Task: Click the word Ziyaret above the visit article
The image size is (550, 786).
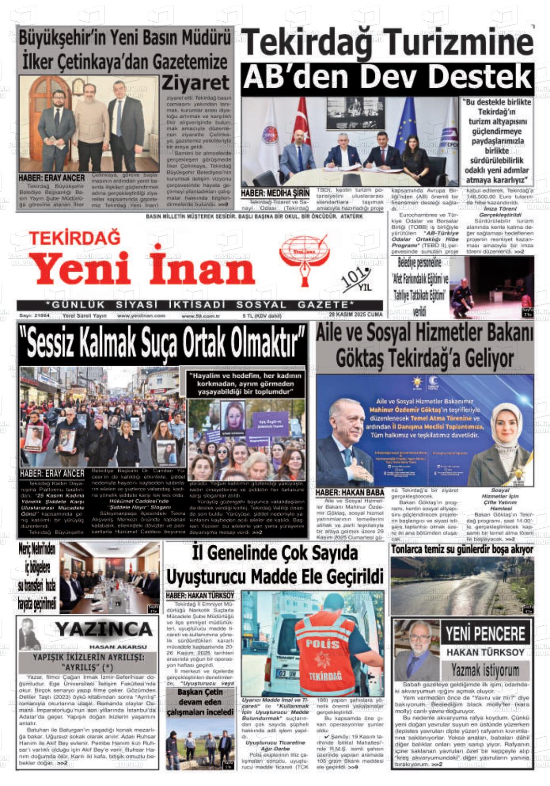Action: (x=195, y=83)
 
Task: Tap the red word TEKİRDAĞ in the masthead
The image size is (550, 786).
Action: (x=75, y=238)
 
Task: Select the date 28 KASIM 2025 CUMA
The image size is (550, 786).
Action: (x=355, y=315)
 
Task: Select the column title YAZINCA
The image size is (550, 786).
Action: (x=103, y=629)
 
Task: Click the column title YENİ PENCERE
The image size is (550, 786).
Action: (x=485, y=633)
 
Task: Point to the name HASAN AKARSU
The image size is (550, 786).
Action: (x=118, y=647)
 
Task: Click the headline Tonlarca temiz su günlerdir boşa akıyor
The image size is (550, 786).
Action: (x=462, y=550)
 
